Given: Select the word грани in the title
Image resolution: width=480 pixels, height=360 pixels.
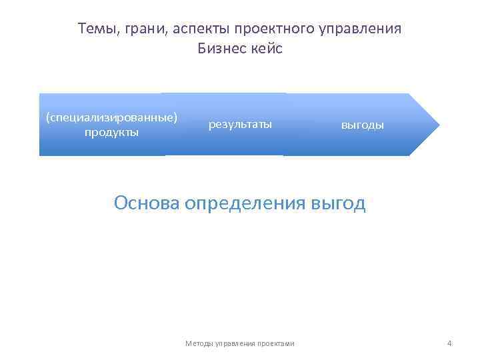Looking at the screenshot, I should [x=136, y=29].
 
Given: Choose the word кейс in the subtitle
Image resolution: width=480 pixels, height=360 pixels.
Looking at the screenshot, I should [x=267, y=49].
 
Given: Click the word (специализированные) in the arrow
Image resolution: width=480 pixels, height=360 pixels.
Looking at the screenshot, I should [x=111, y=118].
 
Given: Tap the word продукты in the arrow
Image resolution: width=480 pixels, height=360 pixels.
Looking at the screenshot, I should [x=111, y=132].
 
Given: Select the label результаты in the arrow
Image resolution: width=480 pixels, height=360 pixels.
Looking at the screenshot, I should [x=240, y=124].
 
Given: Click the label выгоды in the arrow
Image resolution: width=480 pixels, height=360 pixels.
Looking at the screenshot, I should [x=363, y=125].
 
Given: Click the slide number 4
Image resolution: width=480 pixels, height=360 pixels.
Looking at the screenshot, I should [x=449, y=343].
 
